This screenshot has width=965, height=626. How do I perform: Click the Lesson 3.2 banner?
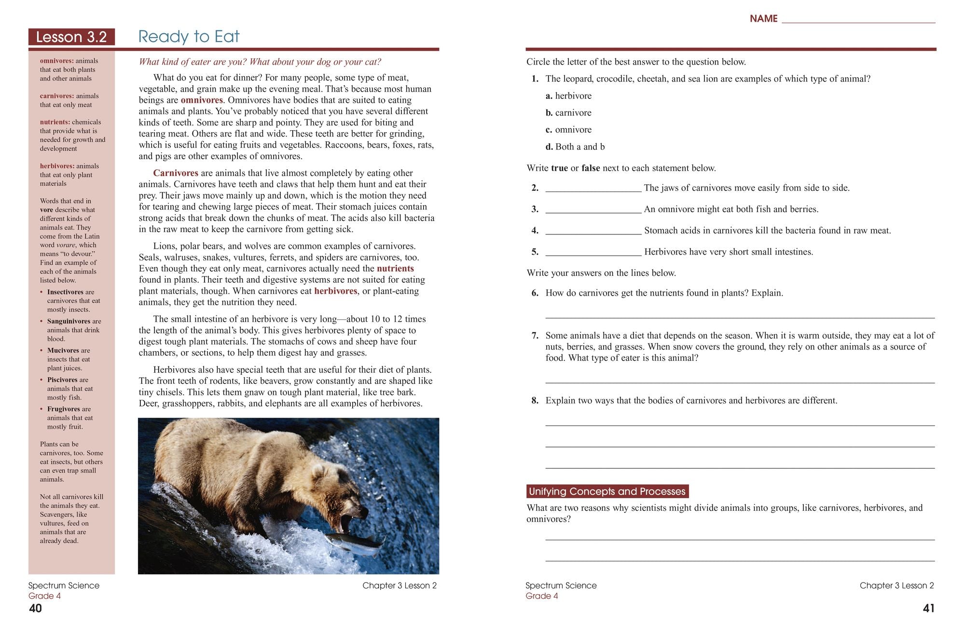coord(71,37)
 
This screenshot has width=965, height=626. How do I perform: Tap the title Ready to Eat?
coord(189,37)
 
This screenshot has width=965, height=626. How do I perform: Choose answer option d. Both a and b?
coord(575,147)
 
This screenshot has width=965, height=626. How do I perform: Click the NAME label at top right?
coord(763,19)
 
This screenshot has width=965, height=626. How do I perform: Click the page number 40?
coord(36,608)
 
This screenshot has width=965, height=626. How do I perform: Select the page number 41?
coord(928,608)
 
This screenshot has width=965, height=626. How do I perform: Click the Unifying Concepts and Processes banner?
coord(607,491)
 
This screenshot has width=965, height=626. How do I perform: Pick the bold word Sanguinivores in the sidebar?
coord(69,321)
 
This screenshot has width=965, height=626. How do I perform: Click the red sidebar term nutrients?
coord(55,122)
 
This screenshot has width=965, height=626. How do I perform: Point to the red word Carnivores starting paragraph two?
coord(176,173)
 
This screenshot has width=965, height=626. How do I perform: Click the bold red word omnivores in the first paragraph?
coord(202,100)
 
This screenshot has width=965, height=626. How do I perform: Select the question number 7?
coord(535,336)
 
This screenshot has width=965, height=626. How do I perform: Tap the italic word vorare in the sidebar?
coord(66,245)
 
